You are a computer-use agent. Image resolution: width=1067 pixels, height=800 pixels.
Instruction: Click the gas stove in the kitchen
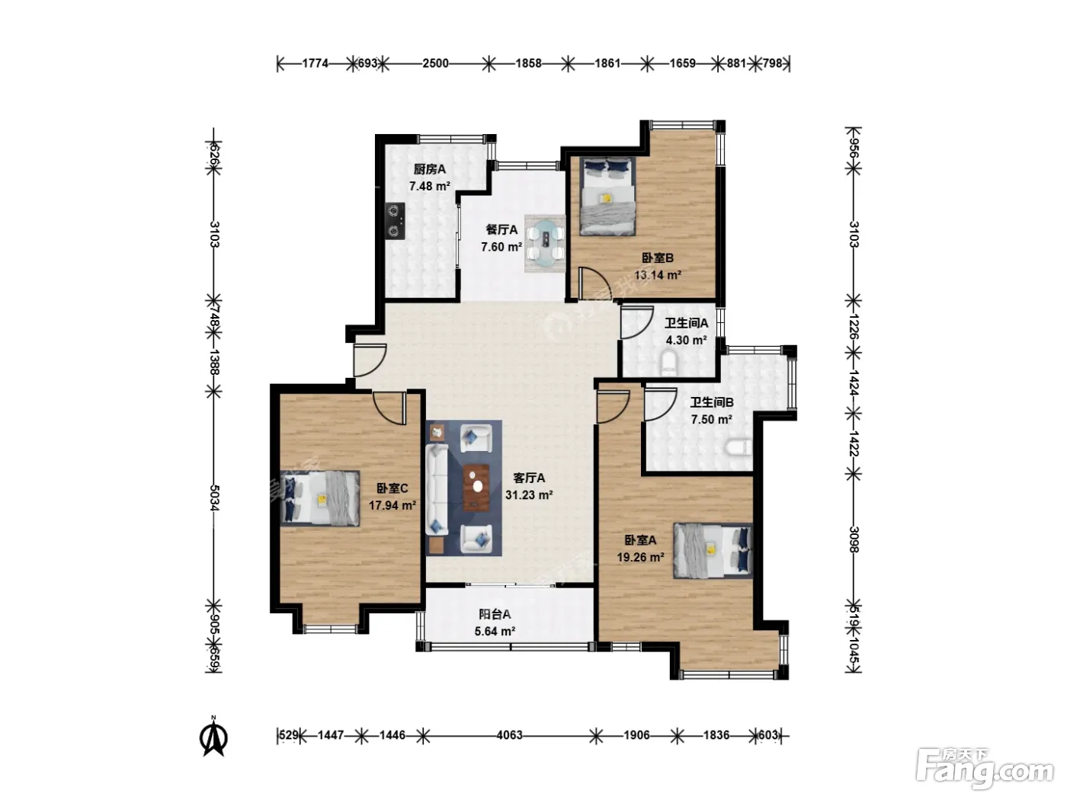click(x=395, y=221)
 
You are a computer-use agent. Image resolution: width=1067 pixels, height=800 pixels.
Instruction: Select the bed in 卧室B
click(x=607, y=196)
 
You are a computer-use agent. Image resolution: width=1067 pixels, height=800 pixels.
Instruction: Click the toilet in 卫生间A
click(x=669, y=364)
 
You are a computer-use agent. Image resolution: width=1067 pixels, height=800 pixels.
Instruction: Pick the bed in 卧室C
click(x=320, y=498)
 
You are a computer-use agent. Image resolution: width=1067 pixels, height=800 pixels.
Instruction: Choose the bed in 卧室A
click(x=713, y=550)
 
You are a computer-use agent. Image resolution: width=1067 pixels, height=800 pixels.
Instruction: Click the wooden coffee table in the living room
click(x=476, y=488)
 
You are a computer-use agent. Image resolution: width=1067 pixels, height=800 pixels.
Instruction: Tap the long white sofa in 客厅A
click(x=437, y=490)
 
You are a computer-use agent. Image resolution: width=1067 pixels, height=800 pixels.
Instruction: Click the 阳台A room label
click(x=495, y=614)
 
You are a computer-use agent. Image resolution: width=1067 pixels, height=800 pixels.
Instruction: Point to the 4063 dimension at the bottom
click(x=509, y=735)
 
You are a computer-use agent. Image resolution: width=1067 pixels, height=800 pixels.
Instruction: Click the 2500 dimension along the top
click(x=435, y=63)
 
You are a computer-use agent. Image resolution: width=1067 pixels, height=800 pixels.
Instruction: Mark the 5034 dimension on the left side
click(x=214, y=498)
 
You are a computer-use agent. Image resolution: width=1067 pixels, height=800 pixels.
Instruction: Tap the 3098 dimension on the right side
click(x=854, y=539)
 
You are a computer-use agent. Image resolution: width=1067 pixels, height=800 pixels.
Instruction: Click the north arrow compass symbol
click(x=214, y=739)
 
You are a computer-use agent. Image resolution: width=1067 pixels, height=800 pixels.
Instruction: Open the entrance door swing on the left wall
click(x=370, y=360)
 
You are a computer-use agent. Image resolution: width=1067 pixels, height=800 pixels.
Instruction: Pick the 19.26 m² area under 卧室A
click(x=641, y=558)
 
